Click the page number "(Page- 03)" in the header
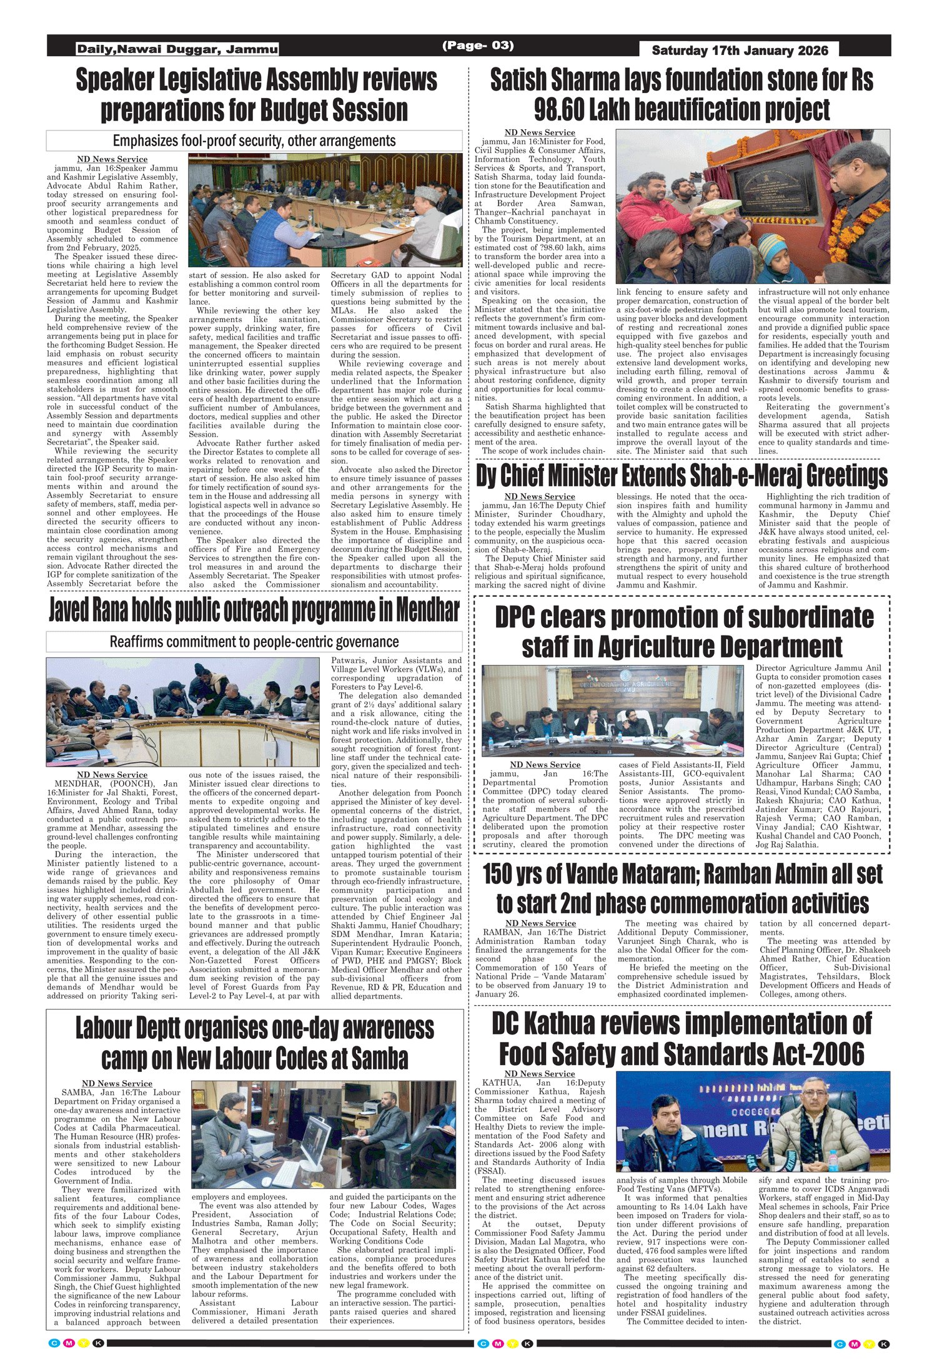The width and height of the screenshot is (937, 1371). pos(478,46)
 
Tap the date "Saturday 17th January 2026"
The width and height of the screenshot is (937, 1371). pos(740,50)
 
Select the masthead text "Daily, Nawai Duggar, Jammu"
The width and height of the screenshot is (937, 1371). pos(177,49)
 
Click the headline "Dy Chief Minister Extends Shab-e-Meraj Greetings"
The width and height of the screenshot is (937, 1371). pos(682,476)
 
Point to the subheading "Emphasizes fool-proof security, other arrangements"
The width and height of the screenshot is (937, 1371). pos(254,141)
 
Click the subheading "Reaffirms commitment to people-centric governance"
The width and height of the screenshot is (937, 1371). pos(254,642)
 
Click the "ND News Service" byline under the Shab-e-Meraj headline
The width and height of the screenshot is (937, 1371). pos(540,497)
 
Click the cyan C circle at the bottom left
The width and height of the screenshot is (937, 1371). pos(54,1344)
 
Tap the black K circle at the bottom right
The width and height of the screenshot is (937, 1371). pos(883,1344)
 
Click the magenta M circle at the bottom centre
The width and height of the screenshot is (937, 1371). pos(498,1344)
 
